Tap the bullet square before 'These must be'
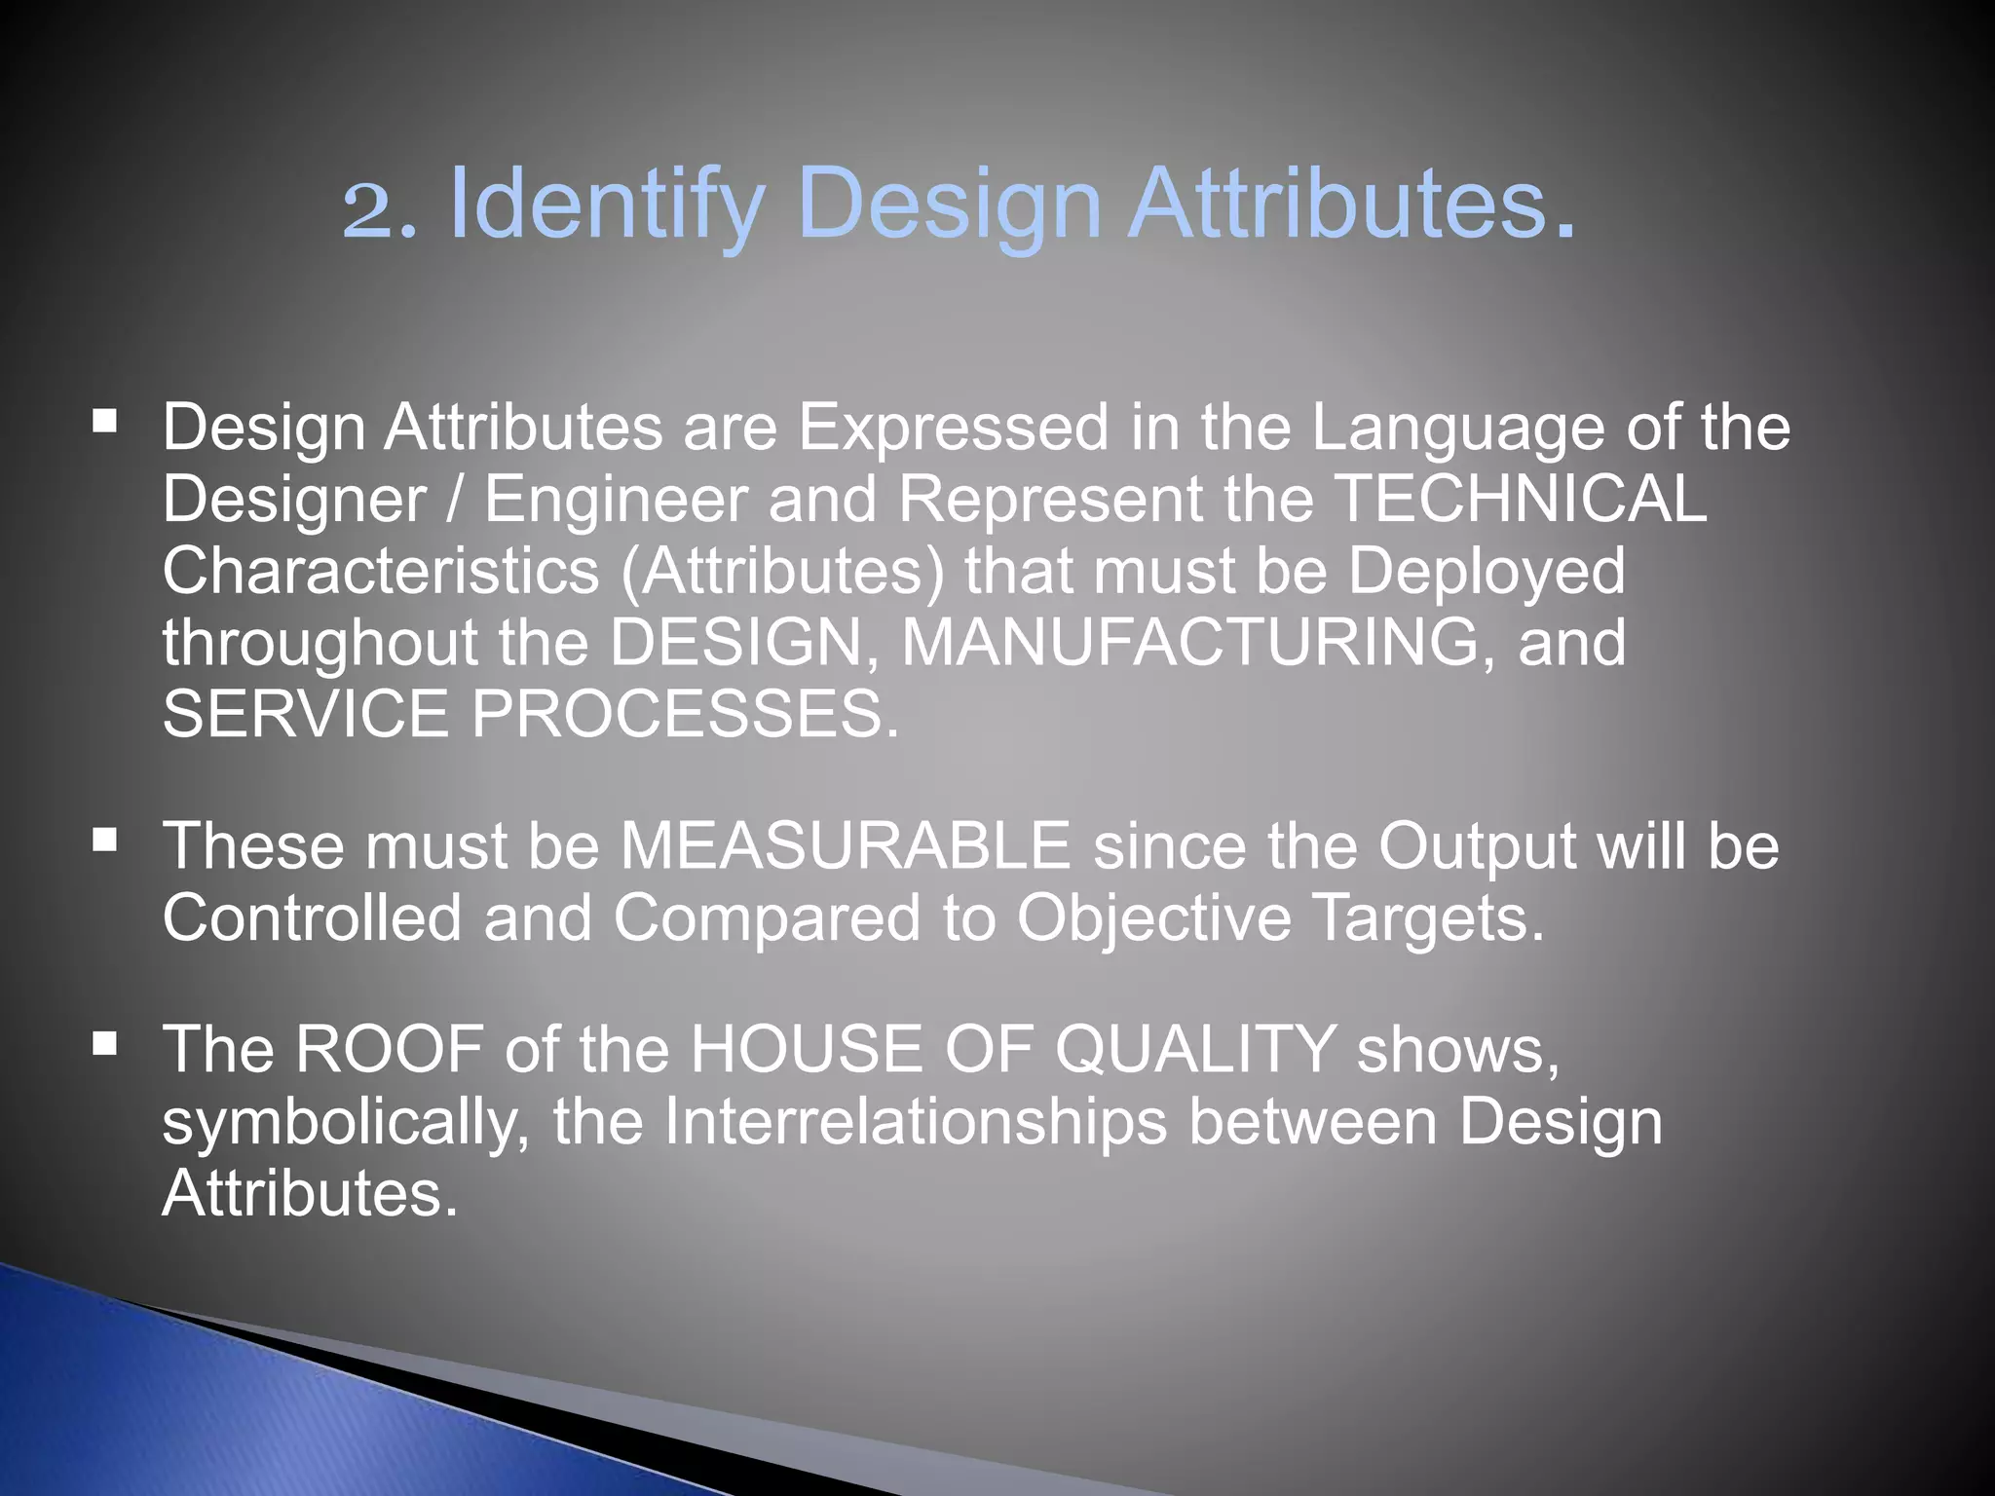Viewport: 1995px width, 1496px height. pyautogui.click(x=105, y=840)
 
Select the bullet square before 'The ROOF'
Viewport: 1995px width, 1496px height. pyautogui.click(x=105, y=1045)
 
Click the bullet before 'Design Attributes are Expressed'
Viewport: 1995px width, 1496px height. pyautogui.click(x=105, y=422)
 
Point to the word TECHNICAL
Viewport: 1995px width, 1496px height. pyautogui.click(x=1520, y=499)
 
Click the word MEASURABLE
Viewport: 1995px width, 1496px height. pyautogui.click(x=846, y=845)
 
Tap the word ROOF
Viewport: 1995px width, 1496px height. pyautogui.click(x=390, y=1050)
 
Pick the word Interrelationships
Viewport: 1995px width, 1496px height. pyautogui.click(x=915, y=1122)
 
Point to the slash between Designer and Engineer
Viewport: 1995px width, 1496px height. pyautogui.click(x=455, y=501)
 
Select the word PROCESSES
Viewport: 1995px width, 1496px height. pyautogui.click(x=686, y=715)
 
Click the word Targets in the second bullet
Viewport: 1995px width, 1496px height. pyautogui.click(x=1428, y=918)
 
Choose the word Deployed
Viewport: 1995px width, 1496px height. pyautogui.click(x=1487, y=572)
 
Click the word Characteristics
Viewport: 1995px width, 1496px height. pyautogui.click(x=380, y=572)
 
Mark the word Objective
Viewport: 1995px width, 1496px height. pyautogui.click(x=1153, y=918)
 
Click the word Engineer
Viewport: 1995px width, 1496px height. pyautogui.click(x=616, y=501)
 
